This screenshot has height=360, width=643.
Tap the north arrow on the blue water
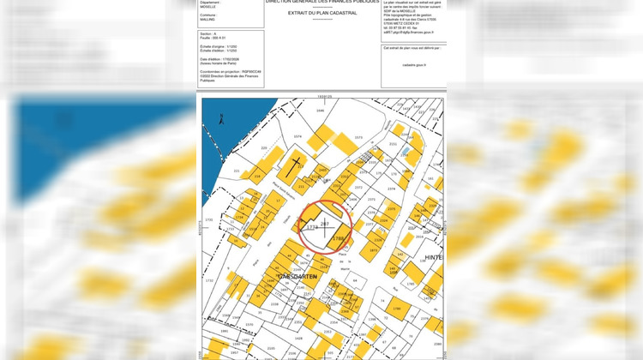pyautogui.click(x=219, y=117)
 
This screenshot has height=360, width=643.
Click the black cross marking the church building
pyautogui.click(x=296, y=164)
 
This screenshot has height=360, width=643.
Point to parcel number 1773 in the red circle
pyautogui.click(x=311, y=228)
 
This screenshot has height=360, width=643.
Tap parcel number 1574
pyautogui.click(x=297, y=136)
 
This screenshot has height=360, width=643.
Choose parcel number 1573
pyautogui.click(x=358, y=137)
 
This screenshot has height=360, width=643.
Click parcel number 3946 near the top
pyautogui.click(x=320, y=111)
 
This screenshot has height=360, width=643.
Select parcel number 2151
pyautogui.click(x=392, y=147)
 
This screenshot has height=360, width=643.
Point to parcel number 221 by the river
pyautogui.click(x=237, y=171)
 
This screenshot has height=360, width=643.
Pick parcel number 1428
pyautogui.click(x=298, y=339)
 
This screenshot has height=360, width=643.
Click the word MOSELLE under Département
pyautogui.click(x=210, y=6)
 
